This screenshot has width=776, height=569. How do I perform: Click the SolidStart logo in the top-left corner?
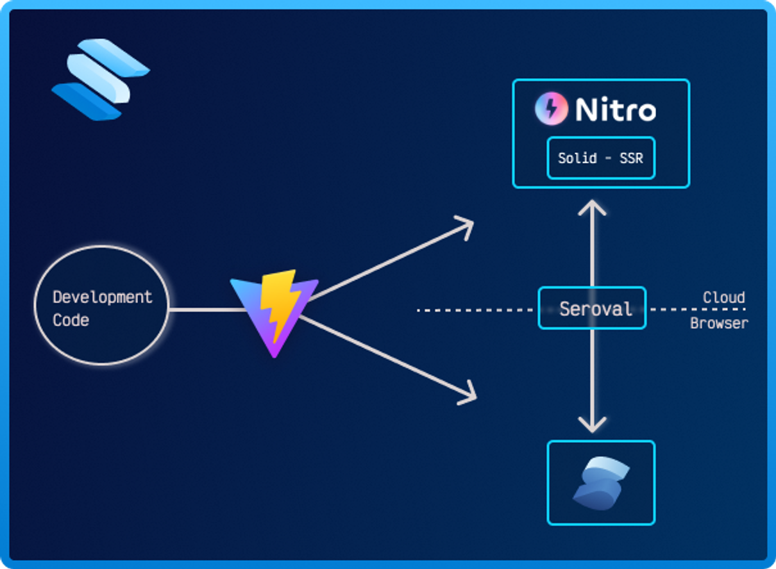[100, 79]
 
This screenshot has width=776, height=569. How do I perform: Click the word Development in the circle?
[102, 297]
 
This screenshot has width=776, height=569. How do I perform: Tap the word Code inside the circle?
[71, 320]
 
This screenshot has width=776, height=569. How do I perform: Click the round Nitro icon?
[551, 109]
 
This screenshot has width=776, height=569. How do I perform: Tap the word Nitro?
[615, 110]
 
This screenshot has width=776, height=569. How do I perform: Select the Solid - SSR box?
[600, 158]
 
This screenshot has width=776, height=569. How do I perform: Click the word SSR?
[631, 158]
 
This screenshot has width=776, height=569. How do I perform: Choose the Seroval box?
[591, 309]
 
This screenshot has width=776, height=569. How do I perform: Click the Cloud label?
[723, 297]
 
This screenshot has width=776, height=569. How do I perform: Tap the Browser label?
[718, 324]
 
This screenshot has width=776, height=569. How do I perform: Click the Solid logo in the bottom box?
[600, 482]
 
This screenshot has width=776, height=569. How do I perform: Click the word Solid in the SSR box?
[577, 158]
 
